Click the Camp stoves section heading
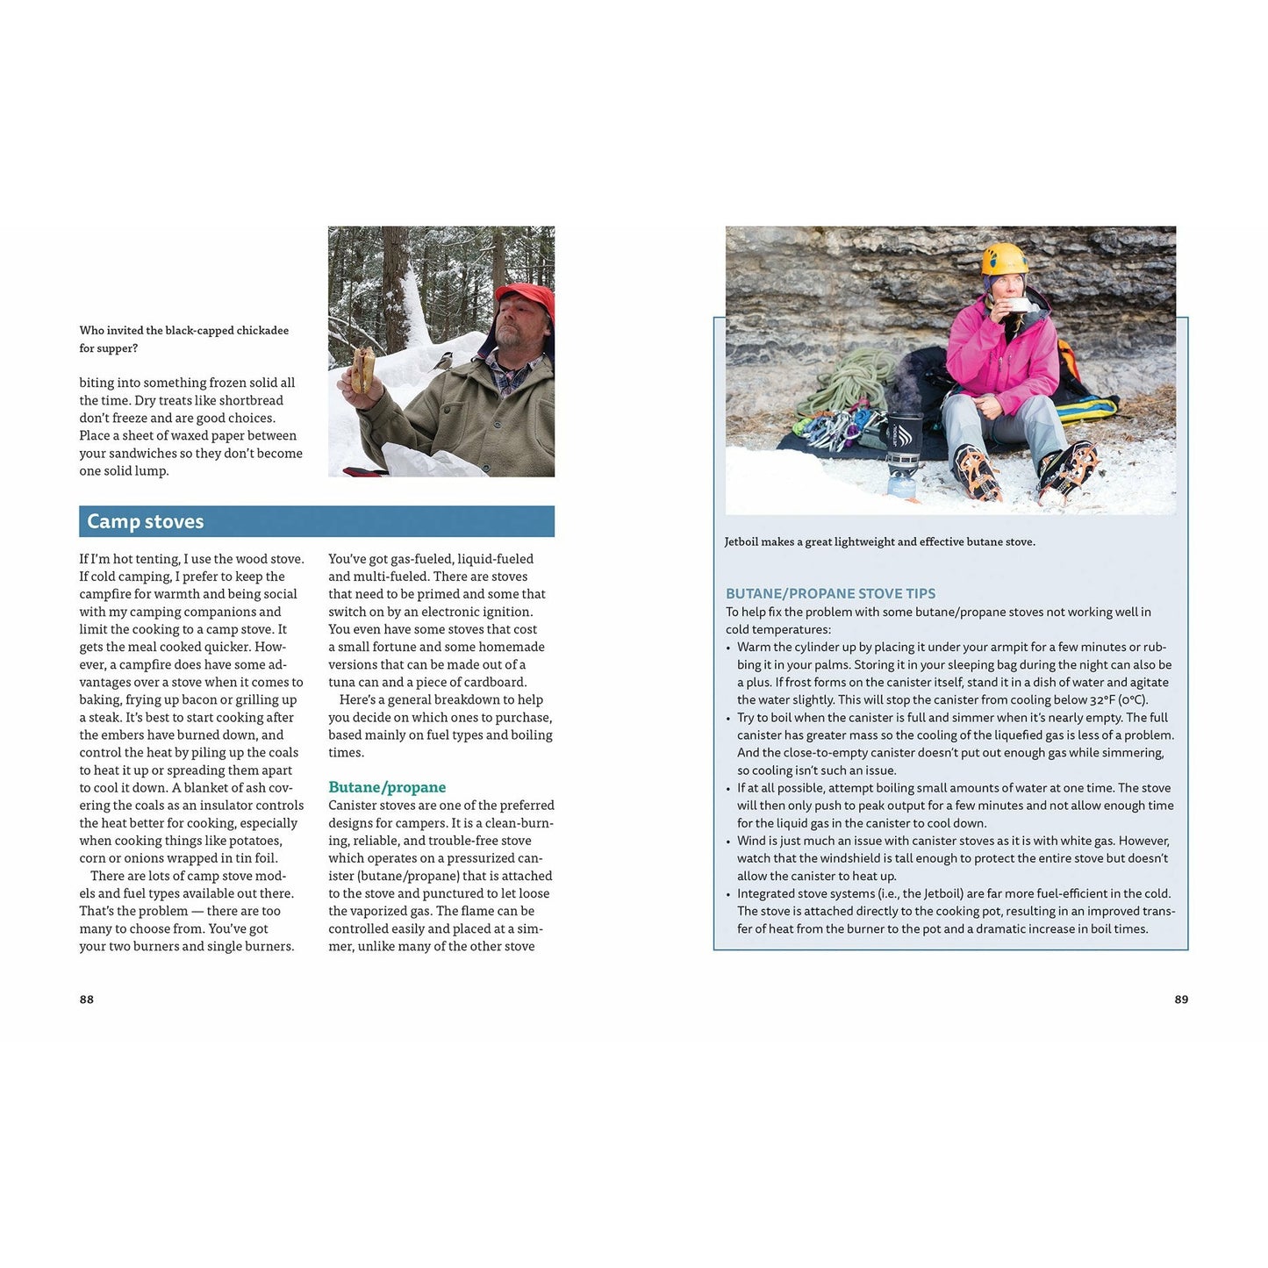(146, 521)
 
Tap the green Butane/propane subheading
(387, 787)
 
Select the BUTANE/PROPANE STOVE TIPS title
(830, 593)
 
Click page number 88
(86, 999)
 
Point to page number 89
(1181, 999)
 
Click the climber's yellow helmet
(1004, 259)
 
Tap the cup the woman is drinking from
(1018, 304)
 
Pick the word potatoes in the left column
(254, 841)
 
